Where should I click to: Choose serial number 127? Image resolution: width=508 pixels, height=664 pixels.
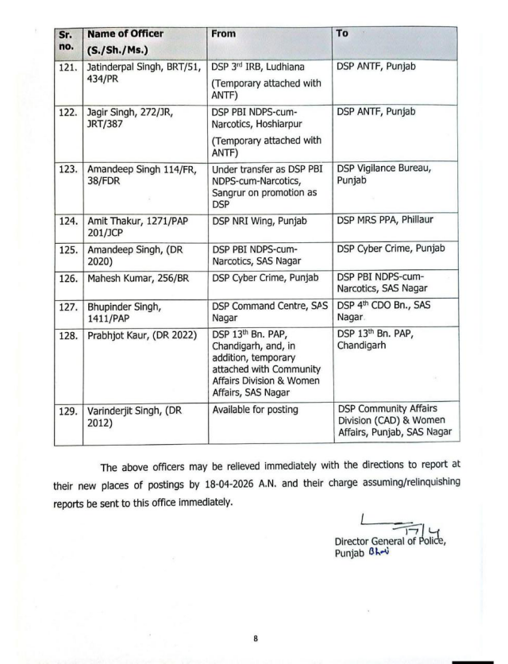tap(67, 306)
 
